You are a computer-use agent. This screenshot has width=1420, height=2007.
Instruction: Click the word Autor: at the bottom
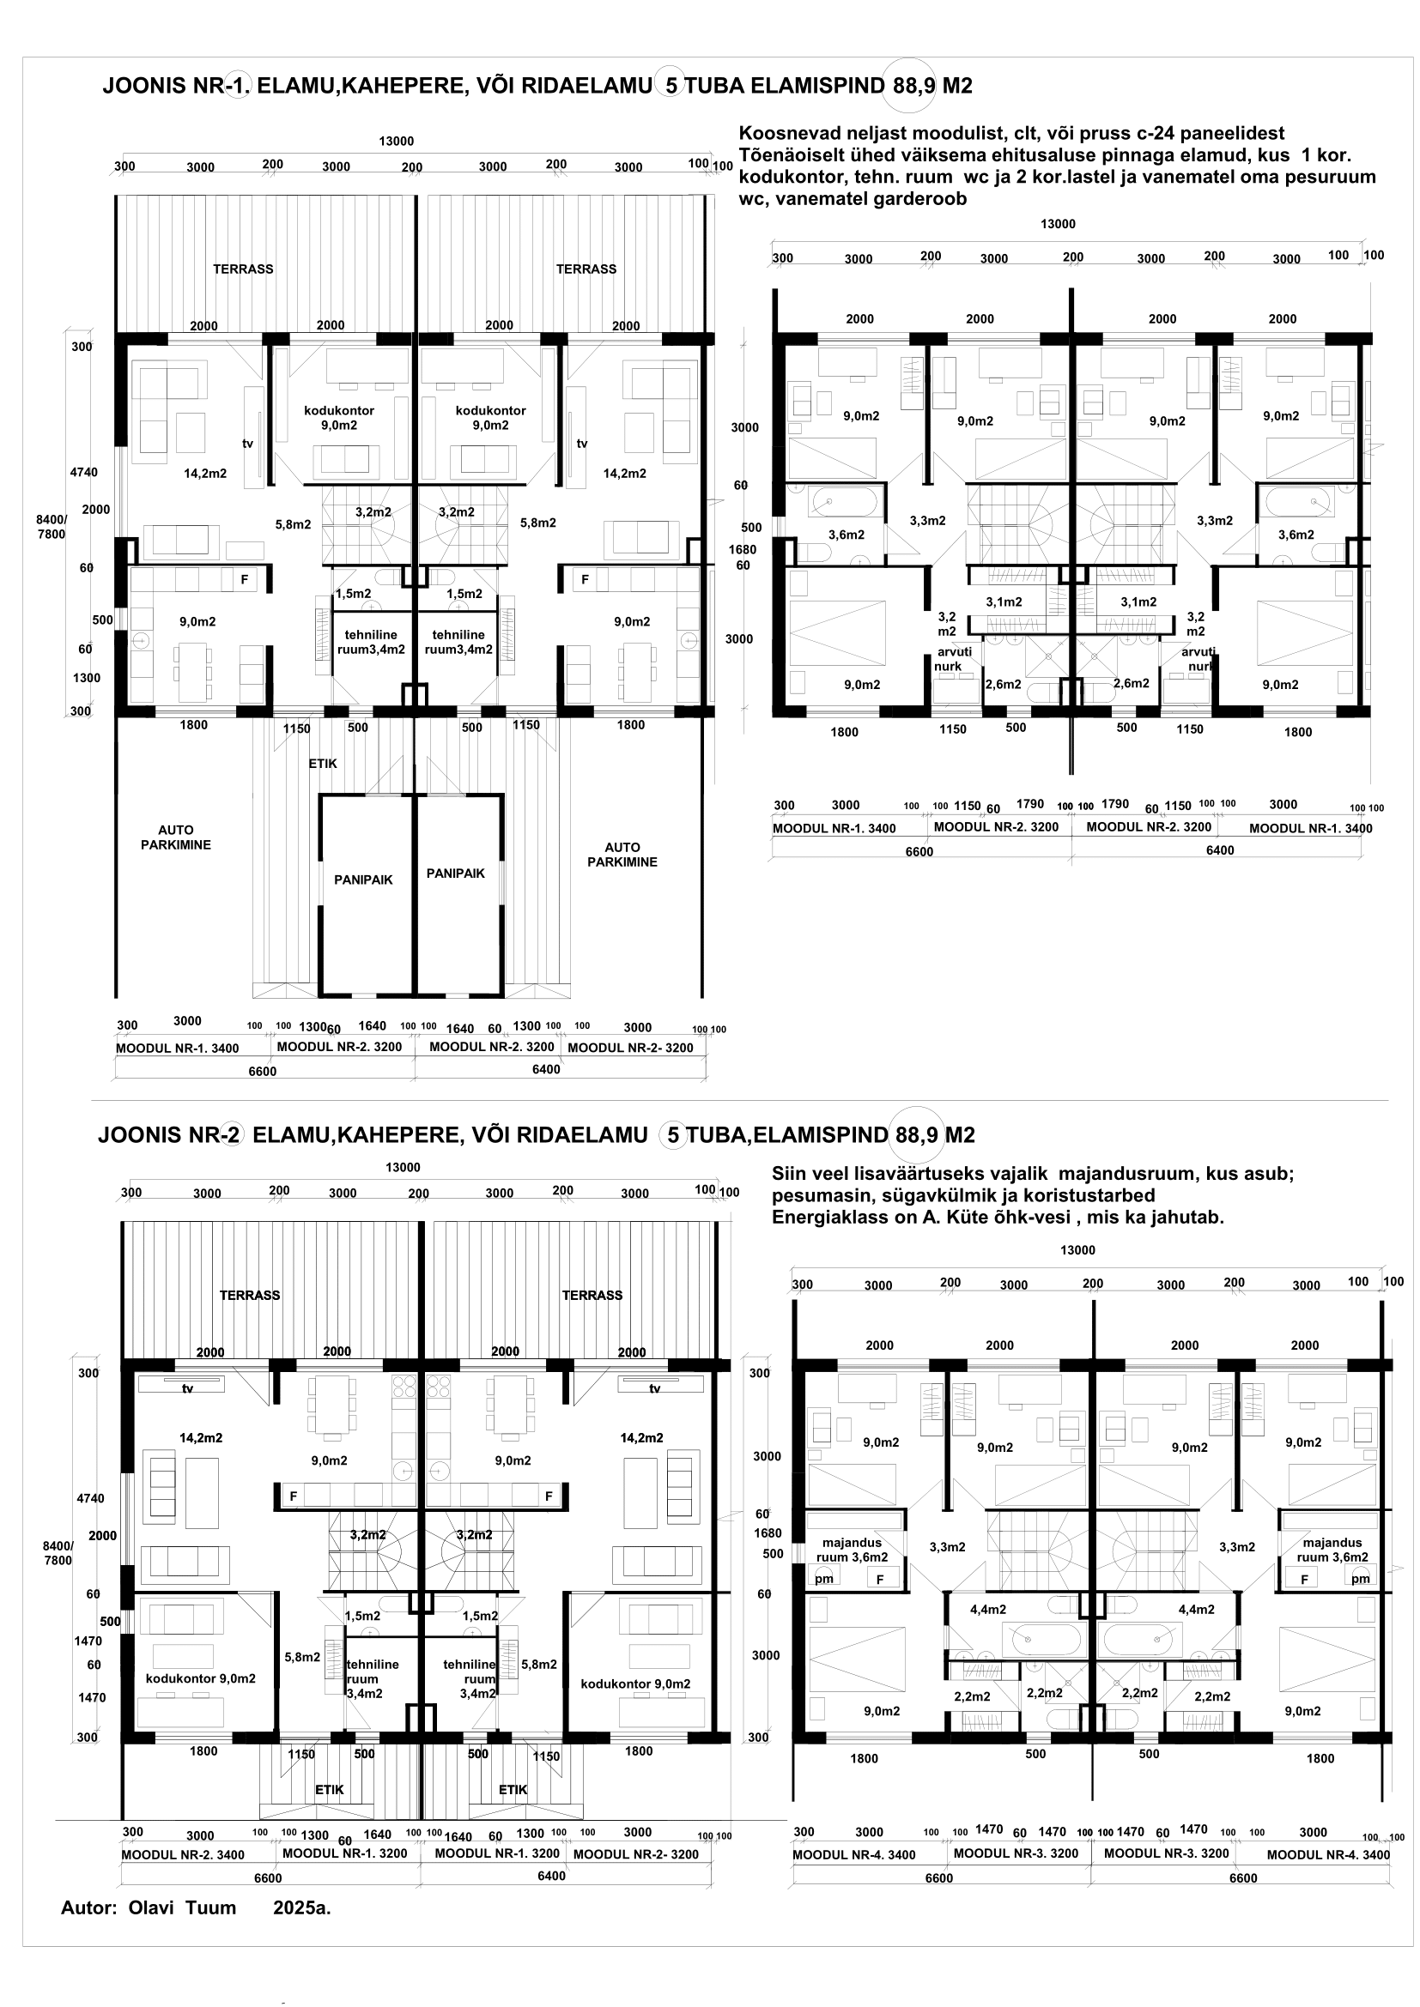(x=88, y=1907)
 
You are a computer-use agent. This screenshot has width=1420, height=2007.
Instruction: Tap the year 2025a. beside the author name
(x=301, y=1907)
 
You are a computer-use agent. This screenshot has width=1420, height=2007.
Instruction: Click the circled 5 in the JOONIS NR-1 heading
(x=669, y=86)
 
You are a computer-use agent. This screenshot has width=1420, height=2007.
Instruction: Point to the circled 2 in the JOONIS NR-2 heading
(x=233, y=1134)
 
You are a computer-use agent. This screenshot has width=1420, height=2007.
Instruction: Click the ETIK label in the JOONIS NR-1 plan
(x=323, y=763)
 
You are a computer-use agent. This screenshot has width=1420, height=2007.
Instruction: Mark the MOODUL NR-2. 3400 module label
(x=183, y=1855)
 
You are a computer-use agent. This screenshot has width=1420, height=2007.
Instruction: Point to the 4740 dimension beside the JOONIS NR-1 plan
(x=84, y=473)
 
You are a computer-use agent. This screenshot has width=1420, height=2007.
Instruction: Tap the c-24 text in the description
(x=1156, y=134)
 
